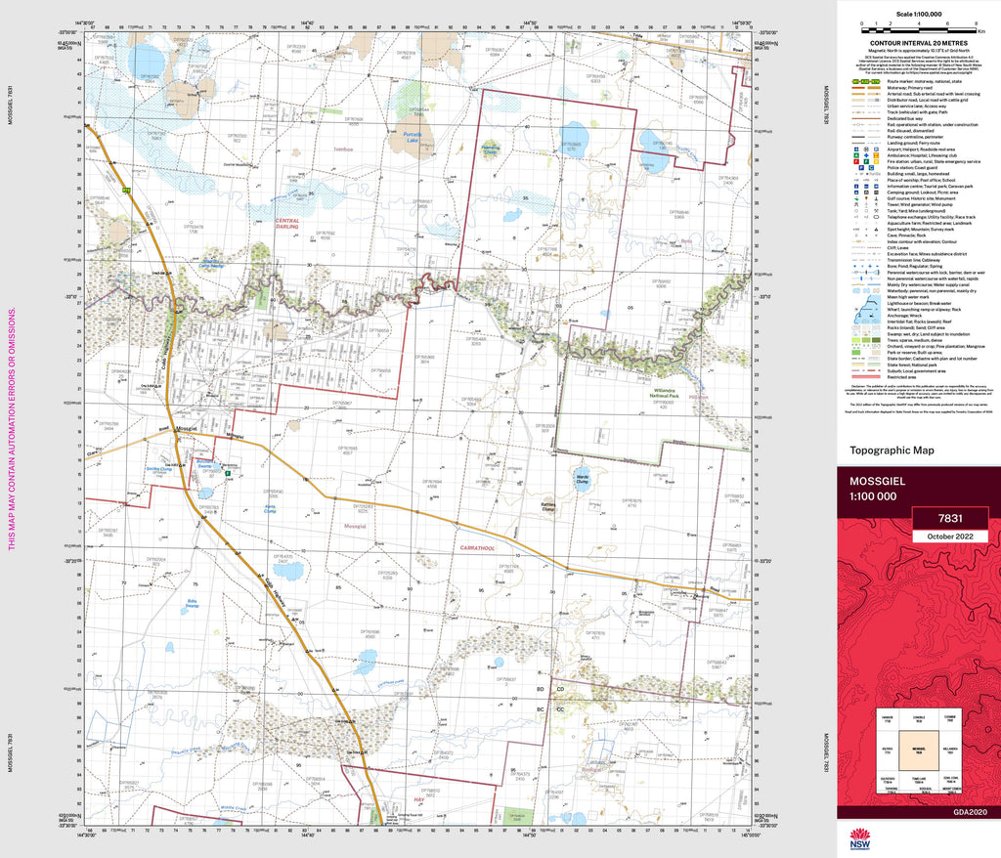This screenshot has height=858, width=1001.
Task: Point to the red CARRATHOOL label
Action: (x=472, y=549)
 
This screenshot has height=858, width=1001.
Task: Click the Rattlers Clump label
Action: (x=548, y=507)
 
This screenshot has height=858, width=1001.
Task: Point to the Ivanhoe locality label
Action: (x=341, y=150)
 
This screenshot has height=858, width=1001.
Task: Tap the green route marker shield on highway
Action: (x=125, y=189)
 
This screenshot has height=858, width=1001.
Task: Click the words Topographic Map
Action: (x=892, y=450)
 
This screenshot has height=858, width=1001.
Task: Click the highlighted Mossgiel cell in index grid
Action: (x=918, y=751)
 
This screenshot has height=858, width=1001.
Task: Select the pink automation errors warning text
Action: (x=13, y=430)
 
